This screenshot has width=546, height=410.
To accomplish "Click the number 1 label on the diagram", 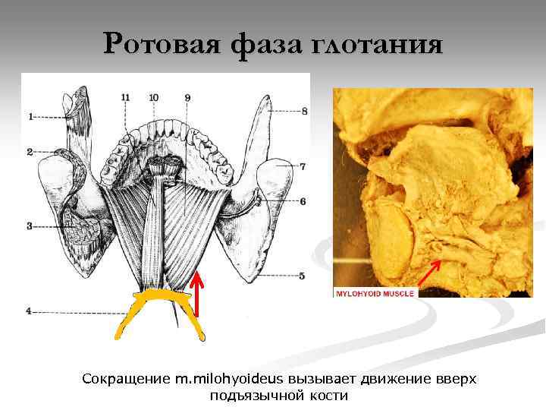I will pos(31,117).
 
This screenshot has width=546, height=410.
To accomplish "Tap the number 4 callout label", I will pos(30,311).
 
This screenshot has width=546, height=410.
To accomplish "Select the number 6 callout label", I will pos(303,201).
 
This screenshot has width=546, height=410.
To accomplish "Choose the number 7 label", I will pos(303,166).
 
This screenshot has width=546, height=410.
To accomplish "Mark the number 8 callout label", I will pos(303,111).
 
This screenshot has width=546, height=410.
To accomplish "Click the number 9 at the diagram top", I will pos(187,97).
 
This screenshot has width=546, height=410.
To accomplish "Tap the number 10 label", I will pos(154,97).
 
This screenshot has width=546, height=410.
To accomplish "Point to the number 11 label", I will pos(125,97).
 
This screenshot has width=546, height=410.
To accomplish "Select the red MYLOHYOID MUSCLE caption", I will pos(375,292).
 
